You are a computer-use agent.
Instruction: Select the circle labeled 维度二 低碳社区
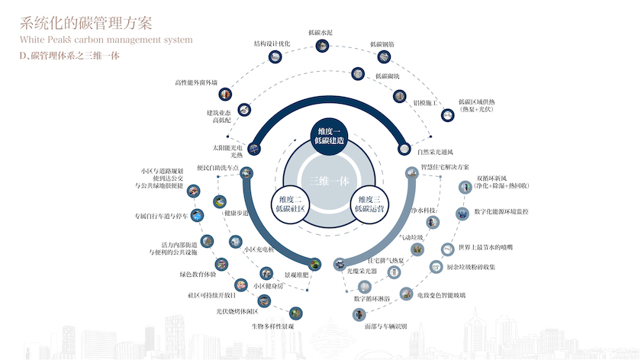pyautogui.click(x=290, y=204)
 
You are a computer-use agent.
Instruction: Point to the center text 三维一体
pyautogui.click(x=330, y=181)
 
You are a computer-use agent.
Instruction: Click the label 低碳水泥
pyautogui.click(x=320, y=32)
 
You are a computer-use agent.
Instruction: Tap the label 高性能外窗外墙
pyautogui.click(x=196, y=82)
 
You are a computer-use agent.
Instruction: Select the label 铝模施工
pyautogui.click(x=424, y=101)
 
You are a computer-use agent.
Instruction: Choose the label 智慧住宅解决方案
pyautogui.click(x=445, y=166)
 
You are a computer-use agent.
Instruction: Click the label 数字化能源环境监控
pyautogui.click(x=501, y=211)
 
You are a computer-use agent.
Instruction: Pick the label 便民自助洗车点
pyautogui.click(x=217, y=168)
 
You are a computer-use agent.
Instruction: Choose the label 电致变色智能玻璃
pyautogui.click(x=447, y=294)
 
